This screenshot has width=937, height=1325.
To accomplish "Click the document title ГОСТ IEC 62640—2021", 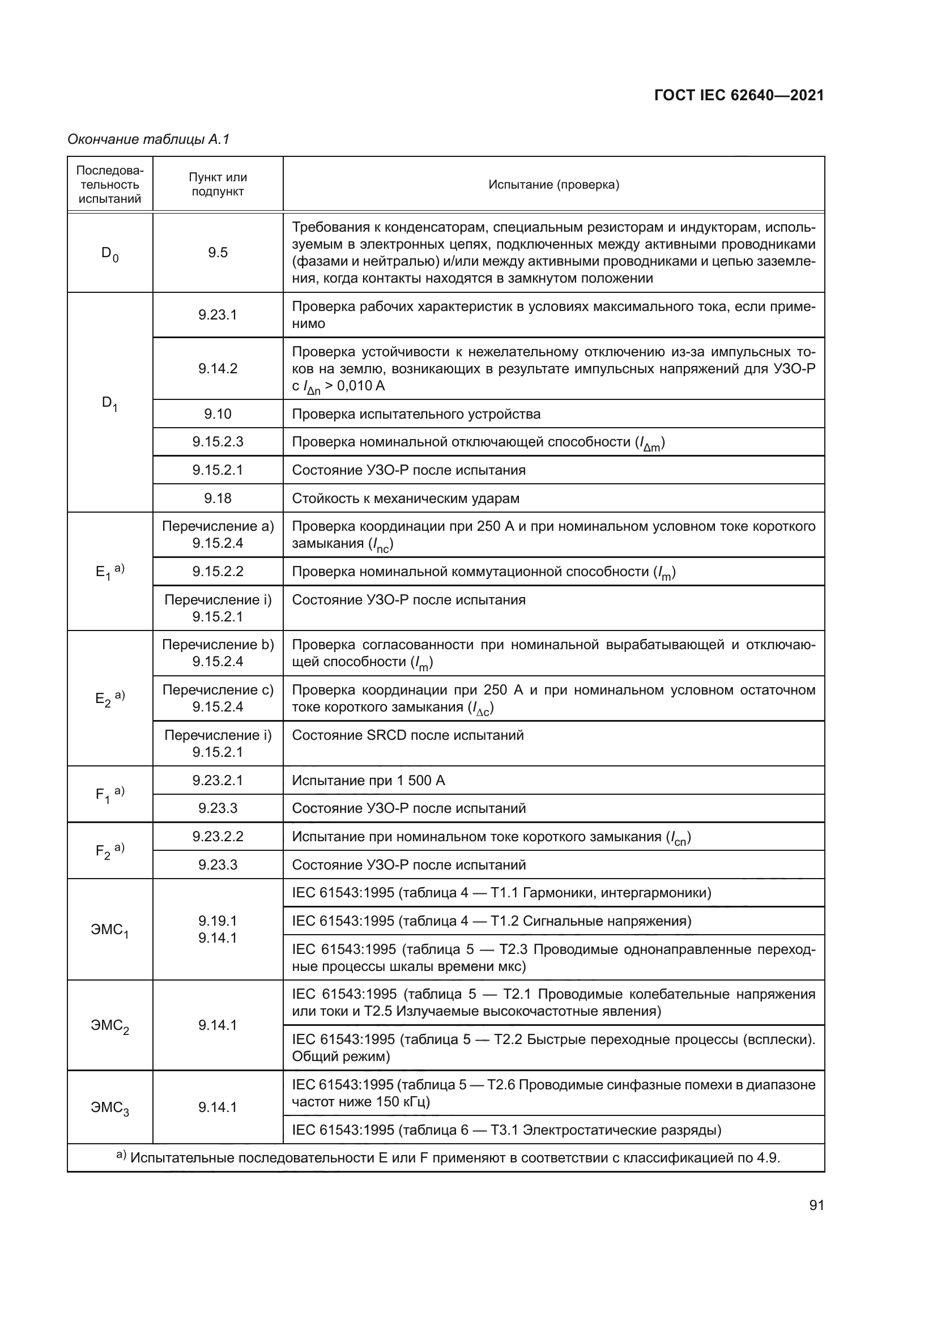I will pos(739,95).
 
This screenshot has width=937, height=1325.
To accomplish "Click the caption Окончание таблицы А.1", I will pos(149,139).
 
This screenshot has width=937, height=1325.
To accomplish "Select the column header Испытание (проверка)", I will pos(553,185).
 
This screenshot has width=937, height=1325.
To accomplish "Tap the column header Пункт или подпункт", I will pos(218,185).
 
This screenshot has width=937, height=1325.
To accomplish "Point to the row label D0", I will pos(110,253).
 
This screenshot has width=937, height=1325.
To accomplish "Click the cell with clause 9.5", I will pos(218,253).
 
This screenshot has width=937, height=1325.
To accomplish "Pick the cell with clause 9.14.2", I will pos(218,369).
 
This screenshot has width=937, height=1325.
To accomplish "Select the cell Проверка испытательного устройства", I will pos(416,414).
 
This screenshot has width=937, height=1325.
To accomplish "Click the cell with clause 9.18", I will pos(218,498).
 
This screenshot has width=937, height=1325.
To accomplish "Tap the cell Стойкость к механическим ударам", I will pos(405,498).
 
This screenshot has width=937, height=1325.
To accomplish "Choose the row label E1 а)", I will pos(110,572).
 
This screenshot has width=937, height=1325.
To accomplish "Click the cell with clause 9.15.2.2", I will pos(218,572).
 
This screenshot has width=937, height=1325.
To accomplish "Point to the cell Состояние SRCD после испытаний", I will pos(407,735).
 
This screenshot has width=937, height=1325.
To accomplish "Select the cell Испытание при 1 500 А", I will pos(368,780).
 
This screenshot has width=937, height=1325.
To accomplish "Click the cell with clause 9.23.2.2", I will pos(218,836).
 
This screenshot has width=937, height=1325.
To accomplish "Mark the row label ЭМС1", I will pos(110,930).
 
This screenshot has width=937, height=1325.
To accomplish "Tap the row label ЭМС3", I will pos(110,1107).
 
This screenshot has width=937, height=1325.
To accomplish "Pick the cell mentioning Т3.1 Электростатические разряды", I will pos(506,1130).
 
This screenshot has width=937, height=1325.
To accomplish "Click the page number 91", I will pos(816,1205).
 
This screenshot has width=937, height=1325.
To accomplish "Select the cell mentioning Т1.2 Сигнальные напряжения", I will pos(491,921).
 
